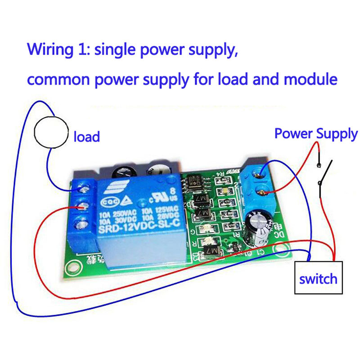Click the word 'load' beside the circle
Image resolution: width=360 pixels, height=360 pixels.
pyautogui.click(x=86, y=136)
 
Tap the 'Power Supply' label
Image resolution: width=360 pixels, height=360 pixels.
pyautogui.click(x=316, y=134)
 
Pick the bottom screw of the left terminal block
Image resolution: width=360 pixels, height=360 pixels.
pyautogui.click(x=82, y=223)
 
